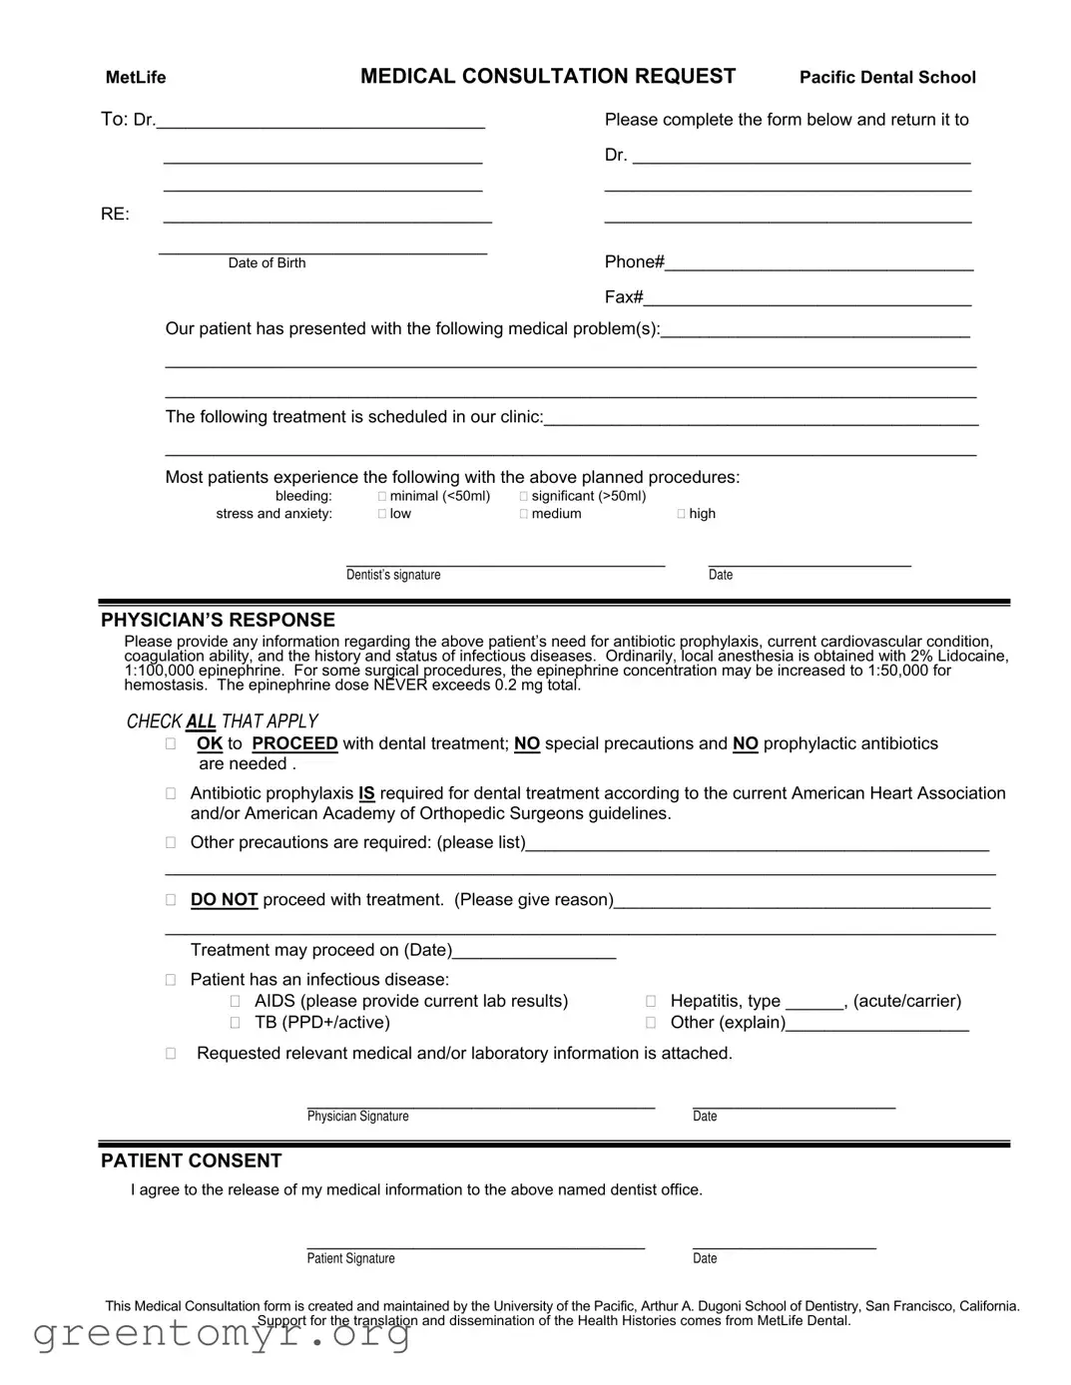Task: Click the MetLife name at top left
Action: click(x=136, y=78)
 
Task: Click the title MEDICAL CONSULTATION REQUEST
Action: click(x=548, y=77)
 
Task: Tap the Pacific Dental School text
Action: click(x=887, y=78)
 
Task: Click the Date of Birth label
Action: click(x=267, y=263)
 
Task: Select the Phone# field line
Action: click(x=818, y=262)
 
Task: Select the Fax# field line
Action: click(x=807, y=297)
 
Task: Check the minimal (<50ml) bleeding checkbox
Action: click(x=382, y=496)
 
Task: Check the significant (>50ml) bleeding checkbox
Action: click(x=524, y=496)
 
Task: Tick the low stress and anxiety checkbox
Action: click(x=382, y=514)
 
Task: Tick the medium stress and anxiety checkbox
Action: click(x=524, y=514)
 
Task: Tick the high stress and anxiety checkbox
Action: click(x=682, y=514)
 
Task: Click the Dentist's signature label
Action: click(x=393, y=575)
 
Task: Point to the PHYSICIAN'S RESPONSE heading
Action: click(x=218, y=620)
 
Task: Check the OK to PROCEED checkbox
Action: click(x=171, y=743)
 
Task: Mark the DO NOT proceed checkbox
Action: click(x=171, y=900)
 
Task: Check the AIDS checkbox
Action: click(x=236, y=1001)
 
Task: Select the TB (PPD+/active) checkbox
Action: click(x=236, y=1023)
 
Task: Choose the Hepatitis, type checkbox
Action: click(x=651, y=1001)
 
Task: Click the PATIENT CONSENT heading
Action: click(x=192, y=1160)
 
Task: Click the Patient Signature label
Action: click(x=351, y=1258)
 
